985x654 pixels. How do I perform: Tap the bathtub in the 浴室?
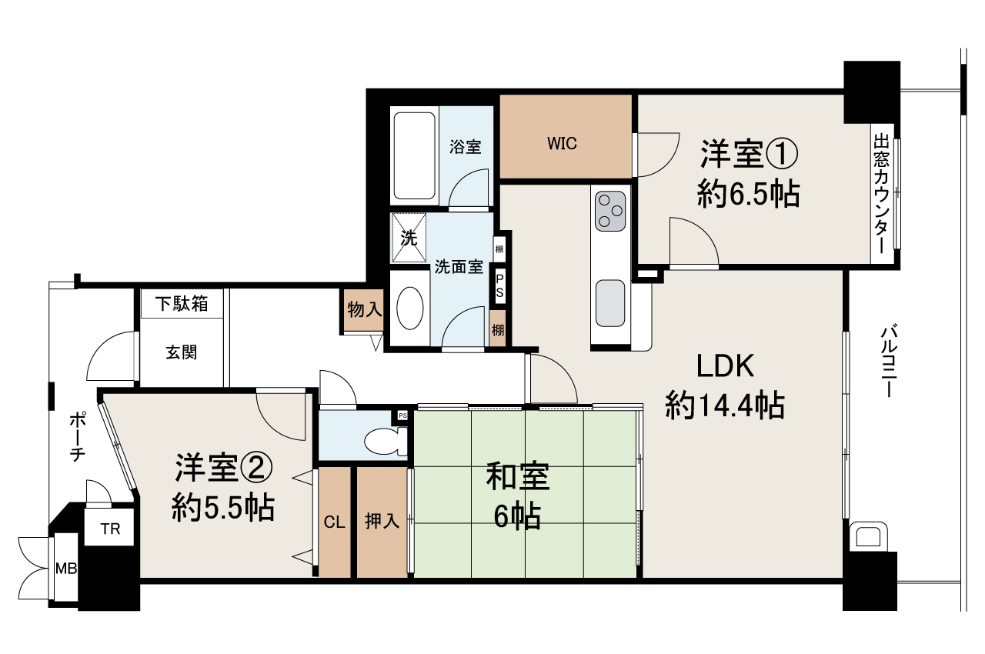coord(416,156)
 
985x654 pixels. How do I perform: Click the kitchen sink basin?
coord(611,302)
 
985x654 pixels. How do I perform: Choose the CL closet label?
coord(334,522)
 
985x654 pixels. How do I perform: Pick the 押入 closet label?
coord(382,522)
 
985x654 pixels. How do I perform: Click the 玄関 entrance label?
coord(182,352)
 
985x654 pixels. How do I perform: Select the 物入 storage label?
coord(365,310)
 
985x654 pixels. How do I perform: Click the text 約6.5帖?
coord(747,195)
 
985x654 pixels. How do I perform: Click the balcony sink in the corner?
coord(866,536)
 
